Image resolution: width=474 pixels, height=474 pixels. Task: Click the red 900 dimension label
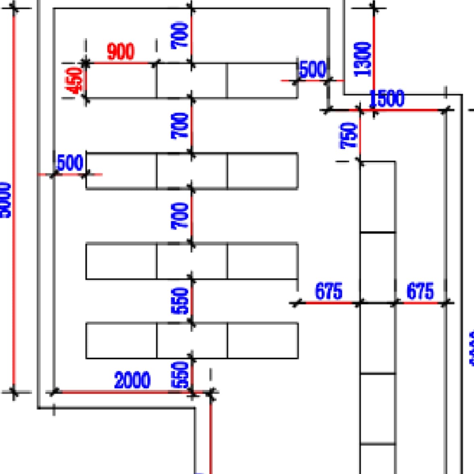(x=121, y=52)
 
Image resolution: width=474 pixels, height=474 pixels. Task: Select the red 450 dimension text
(x=75, y=80)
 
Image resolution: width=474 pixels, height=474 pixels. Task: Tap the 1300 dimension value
(x=362, y=59)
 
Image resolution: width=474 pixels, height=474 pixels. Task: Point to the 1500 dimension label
(x=387, y=98)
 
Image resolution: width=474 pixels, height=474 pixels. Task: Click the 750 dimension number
(x=349, y=135)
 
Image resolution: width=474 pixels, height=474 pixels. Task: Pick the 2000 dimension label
(x=132, y=380)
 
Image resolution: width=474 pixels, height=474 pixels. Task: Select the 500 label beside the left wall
(x=70, y=163)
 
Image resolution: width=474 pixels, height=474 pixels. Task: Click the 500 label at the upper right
(x=313, y=69)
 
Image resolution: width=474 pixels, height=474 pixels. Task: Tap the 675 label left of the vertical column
(x=328, y=291)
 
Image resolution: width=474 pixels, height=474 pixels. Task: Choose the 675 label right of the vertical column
(x=420, y=291)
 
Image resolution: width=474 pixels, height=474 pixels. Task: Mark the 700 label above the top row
(x=180, y=35)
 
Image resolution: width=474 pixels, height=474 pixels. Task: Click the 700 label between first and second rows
(x=180, y=126)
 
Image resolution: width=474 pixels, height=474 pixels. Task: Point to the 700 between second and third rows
(x=180, y=216)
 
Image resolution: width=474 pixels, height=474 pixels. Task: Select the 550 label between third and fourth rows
(x=180, y=301)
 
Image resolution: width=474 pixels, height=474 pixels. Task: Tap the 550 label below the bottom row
(x=180, y=374)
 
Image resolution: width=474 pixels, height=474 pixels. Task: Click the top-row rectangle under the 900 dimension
(x=121, y=81)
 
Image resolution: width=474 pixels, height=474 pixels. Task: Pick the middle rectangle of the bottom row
(x=192, y=340)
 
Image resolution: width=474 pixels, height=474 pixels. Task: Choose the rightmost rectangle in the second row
(x=262, y=171)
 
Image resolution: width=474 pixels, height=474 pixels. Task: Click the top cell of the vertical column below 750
(x=377, y=197)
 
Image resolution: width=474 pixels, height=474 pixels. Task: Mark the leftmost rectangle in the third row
(x=121, y=261)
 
